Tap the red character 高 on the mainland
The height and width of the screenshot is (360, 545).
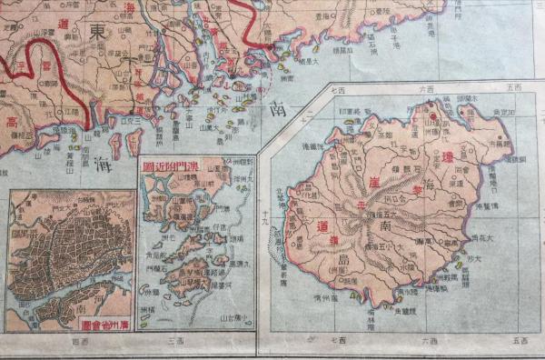(12, 122)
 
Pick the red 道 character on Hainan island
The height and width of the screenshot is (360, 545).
(323, 225)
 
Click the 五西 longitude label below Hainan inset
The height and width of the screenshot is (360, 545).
(519, 341)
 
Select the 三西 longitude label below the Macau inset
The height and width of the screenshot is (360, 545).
(174, 341)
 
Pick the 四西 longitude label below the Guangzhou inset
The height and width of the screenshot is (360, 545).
(75, 341)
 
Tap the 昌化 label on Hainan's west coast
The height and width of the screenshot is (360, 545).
(300, 195)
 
